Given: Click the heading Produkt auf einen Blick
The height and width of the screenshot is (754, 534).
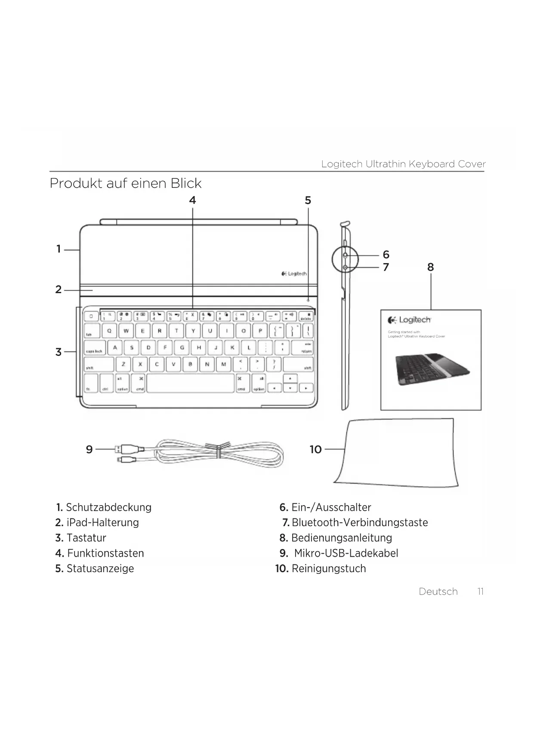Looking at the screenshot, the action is [126, 184].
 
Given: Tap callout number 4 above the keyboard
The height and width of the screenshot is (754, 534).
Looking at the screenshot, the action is [192, 200].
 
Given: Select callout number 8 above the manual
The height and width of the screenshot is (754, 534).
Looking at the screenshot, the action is [430, 267].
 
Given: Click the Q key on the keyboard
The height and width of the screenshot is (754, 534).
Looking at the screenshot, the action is [109, 331].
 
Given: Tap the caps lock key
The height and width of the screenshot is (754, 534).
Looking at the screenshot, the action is [95, 348].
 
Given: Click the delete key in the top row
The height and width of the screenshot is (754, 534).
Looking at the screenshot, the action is [306, 316].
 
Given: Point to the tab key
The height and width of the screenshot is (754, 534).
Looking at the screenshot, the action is [91, 331].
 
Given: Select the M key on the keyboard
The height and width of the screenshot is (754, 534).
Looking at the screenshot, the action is [223, 365].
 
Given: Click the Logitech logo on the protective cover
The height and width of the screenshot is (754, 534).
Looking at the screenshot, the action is [294, 273].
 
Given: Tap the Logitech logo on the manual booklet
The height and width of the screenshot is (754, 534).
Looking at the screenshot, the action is [409, 320].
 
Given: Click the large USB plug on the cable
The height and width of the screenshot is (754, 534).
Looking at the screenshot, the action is [127, 449].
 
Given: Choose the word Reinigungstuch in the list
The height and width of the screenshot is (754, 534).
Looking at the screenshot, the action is [329, 569].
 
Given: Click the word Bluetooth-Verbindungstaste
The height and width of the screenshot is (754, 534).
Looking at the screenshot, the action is [360, 523].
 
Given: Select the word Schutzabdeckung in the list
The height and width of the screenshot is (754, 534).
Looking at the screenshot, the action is [108, 507].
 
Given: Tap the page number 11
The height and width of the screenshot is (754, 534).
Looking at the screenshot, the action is [481, 592].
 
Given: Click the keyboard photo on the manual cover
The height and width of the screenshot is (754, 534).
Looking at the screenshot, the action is [432, 370].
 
